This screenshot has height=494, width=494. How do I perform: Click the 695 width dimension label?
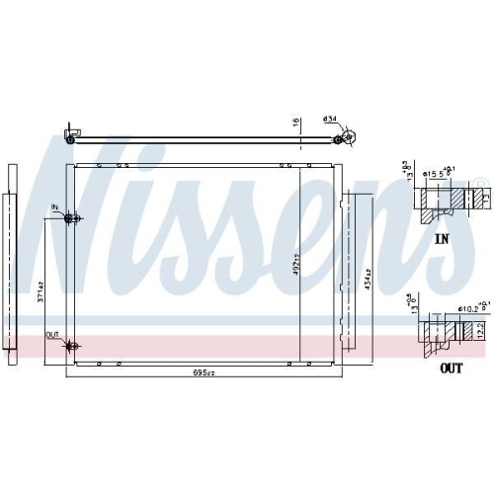(x=202, y=373)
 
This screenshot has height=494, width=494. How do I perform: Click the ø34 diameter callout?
(x=331, y=121)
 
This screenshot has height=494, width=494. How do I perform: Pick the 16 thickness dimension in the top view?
(x=293, y=123)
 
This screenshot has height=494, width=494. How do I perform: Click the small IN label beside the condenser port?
(x=56, y=208)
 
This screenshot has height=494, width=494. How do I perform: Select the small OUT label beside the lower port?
(x=52, y=335)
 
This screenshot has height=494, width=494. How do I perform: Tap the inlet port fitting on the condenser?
(x=69, y=218)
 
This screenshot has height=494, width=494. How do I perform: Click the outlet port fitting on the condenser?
(x=71, y=345)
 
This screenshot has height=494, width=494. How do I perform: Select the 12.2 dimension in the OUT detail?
(x=482, y=336)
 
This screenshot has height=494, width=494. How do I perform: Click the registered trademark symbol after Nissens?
(x=480, y=182)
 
